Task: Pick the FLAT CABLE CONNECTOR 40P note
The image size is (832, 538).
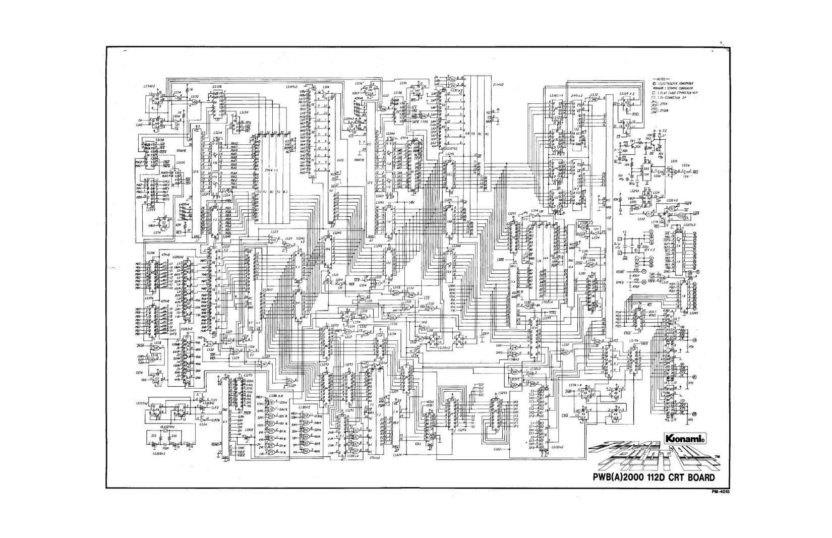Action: (x=678, y=93)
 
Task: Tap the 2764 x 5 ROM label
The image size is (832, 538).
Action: (x=273, y=170)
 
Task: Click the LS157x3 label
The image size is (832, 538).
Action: (x=293, y=86)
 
